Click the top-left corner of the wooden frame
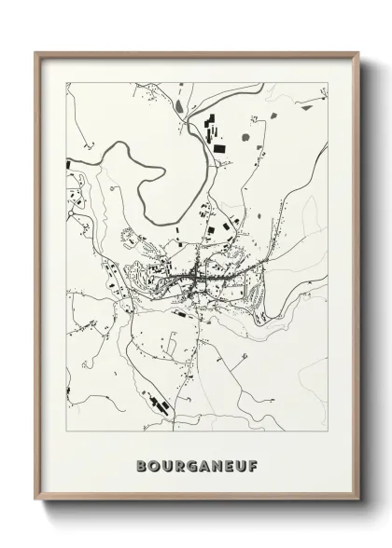click(35, 53)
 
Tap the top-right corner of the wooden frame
click(358, 53)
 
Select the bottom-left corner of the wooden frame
click(35, 502)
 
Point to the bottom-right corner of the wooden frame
click(358, 502)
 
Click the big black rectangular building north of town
click(218, 147)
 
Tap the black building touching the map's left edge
click(69, 164)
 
